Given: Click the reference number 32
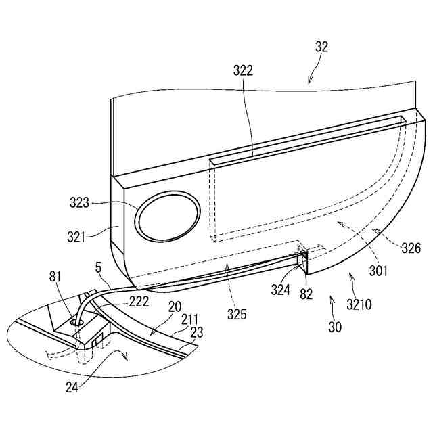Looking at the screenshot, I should point(321,47).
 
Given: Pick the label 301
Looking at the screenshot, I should point(378,271).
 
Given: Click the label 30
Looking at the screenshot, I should point(335,327).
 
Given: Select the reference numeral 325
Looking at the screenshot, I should point(237,315).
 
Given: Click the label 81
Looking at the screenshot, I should point(58,276).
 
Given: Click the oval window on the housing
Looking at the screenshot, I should point(168,218).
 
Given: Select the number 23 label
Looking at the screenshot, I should point(196,333).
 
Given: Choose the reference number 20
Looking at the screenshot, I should point(175,306).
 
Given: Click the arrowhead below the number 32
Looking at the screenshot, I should point(309,83).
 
